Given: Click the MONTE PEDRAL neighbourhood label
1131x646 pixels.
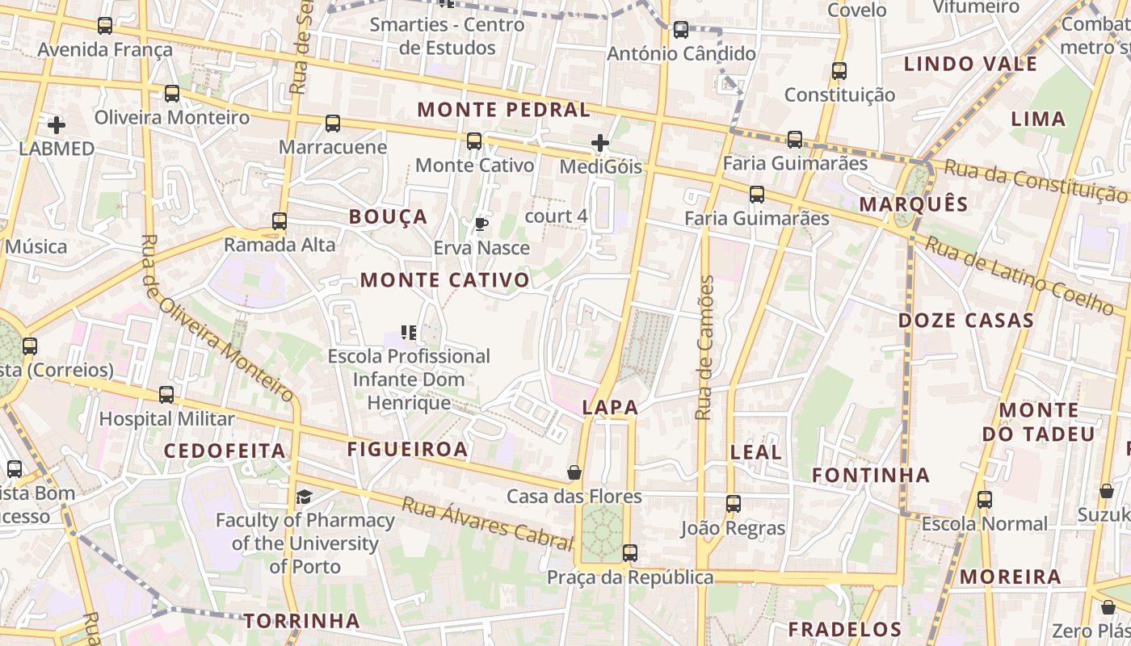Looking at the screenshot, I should (503, 110).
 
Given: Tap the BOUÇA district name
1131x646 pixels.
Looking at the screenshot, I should (388, 216).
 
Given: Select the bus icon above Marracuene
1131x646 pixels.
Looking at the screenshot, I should (333, 124).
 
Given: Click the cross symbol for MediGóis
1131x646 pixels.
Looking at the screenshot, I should (600, 143).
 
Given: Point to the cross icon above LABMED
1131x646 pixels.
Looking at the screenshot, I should (57, 124).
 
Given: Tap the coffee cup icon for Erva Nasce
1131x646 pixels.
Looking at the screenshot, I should (481, 224).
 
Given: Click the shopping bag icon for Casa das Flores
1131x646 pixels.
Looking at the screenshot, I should (574, 472).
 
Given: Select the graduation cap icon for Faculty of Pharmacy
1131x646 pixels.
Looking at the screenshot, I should (304, 496).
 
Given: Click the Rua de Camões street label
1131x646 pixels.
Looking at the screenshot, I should (704, 347).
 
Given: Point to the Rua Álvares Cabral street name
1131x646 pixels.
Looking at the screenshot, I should (486, 523).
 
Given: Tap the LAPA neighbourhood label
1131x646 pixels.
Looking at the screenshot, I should (610, 408).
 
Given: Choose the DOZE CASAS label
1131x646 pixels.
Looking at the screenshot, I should (966, 321).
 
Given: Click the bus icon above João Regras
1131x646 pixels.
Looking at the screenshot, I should (734, 504).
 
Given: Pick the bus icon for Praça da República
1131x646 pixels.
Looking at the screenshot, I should (630, 553).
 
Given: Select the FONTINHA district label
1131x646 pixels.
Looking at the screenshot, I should (871, 475).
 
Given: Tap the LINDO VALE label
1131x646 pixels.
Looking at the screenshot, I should (970, 65).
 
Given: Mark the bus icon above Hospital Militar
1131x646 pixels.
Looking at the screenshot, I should (166, 395).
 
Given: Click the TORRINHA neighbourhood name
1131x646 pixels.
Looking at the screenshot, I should (301, 621).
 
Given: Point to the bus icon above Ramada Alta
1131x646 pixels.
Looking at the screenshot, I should (280, 220).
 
